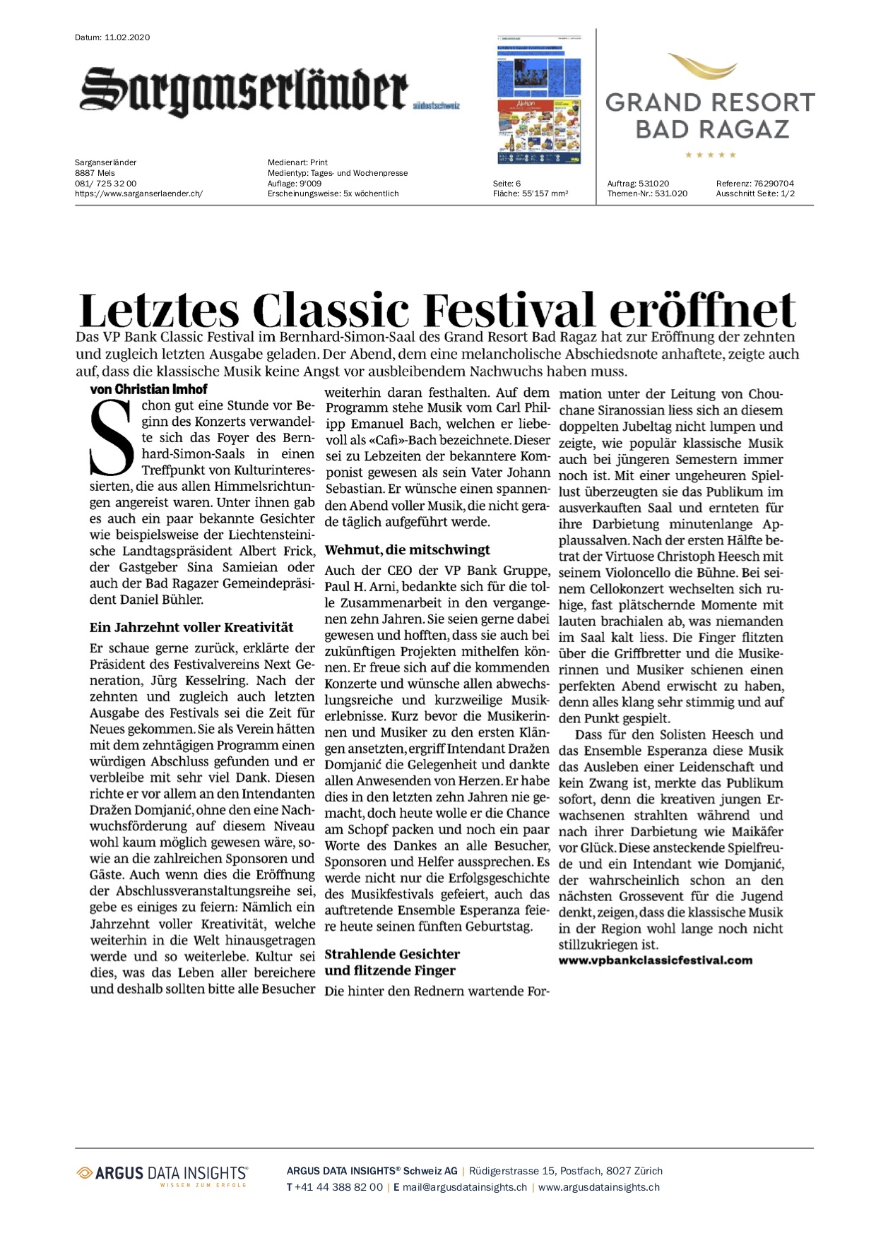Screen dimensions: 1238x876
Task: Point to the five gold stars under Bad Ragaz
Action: click(711, 155)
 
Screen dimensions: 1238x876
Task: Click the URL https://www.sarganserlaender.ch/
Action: click(138, 194)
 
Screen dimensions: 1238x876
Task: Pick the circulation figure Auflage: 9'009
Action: click(295, 184)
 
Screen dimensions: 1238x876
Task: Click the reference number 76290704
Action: click(774, 184)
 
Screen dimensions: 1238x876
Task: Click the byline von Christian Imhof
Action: click(148, 389)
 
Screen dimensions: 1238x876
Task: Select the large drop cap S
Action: click(112, 439)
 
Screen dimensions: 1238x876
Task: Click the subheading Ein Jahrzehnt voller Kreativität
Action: click(191, 627)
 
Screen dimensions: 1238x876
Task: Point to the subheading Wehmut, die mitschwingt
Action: click(407, 550)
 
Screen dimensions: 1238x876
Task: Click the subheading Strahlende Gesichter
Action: click(392, 954)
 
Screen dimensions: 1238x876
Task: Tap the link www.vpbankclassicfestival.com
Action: click(655, 960)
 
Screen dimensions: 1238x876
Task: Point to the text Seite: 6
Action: click(507, 184)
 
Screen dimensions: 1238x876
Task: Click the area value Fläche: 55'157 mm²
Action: click(530, 194)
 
